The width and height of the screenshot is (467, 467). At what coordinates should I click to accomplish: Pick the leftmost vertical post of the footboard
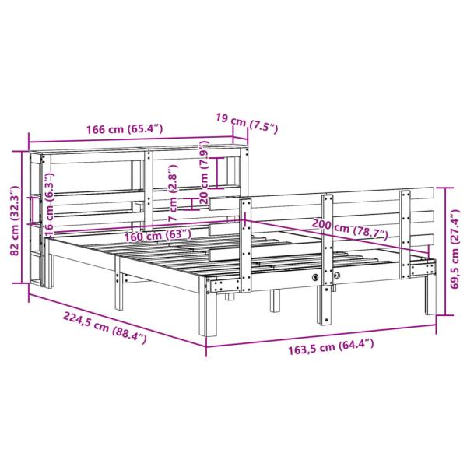tap(247, 241)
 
